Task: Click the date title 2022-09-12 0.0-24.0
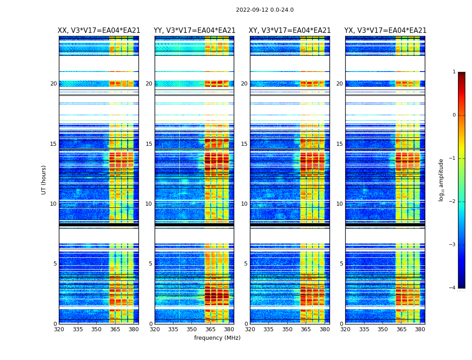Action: click(x=265, y=10)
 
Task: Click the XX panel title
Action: click(x=99, y=31)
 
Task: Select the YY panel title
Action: click(x=194, y=31)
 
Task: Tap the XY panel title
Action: click(x=290, y=31)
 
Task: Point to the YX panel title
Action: click(x=385, y=31)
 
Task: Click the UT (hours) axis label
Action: click(x=44, y=180)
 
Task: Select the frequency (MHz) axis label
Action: click(x=217, y=338)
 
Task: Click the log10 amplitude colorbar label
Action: click(x=441, y=180)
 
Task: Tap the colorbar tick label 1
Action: click(x=454, y=72)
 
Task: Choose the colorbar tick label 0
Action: click(x=454, y=115)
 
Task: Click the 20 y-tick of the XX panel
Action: click(x=53, y=84)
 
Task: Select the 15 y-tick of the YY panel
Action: click(x=149, y=144)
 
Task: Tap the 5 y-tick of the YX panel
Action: click(x=341, y=264)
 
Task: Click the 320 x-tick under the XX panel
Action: click(x=59, y=329)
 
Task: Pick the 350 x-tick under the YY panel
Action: click(x=192, y=329)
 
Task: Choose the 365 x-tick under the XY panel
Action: click(x=306, y=329)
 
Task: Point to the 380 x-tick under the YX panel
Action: click(x=420, y=329)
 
